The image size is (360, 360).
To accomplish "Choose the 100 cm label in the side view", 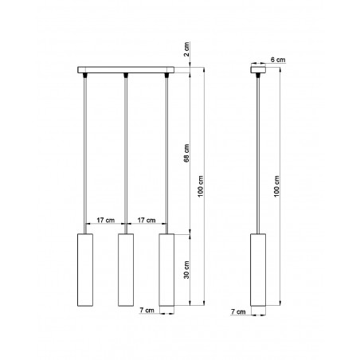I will (x=277, y=189).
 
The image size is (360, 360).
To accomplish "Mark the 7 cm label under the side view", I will (x=237, y=311).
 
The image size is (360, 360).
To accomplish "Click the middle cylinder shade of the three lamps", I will (x=125, y=270).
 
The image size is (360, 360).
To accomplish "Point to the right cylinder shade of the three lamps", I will (x=166, y=270).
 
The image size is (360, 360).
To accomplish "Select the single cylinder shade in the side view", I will (x=258, y=270).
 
